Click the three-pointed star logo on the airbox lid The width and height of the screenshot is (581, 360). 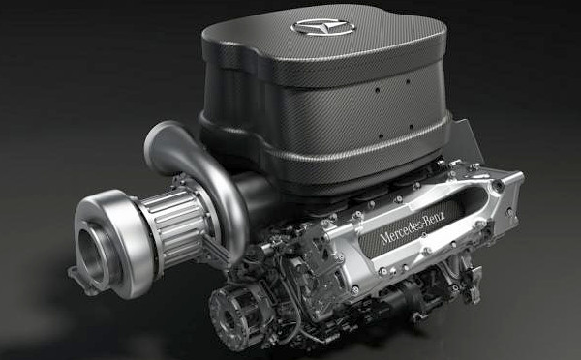coord(323,28)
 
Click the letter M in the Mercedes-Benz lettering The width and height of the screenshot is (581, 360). coord(384,237)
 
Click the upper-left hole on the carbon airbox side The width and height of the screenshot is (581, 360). coord(378,90)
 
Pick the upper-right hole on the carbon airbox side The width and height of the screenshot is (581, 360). coord(408,81)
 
